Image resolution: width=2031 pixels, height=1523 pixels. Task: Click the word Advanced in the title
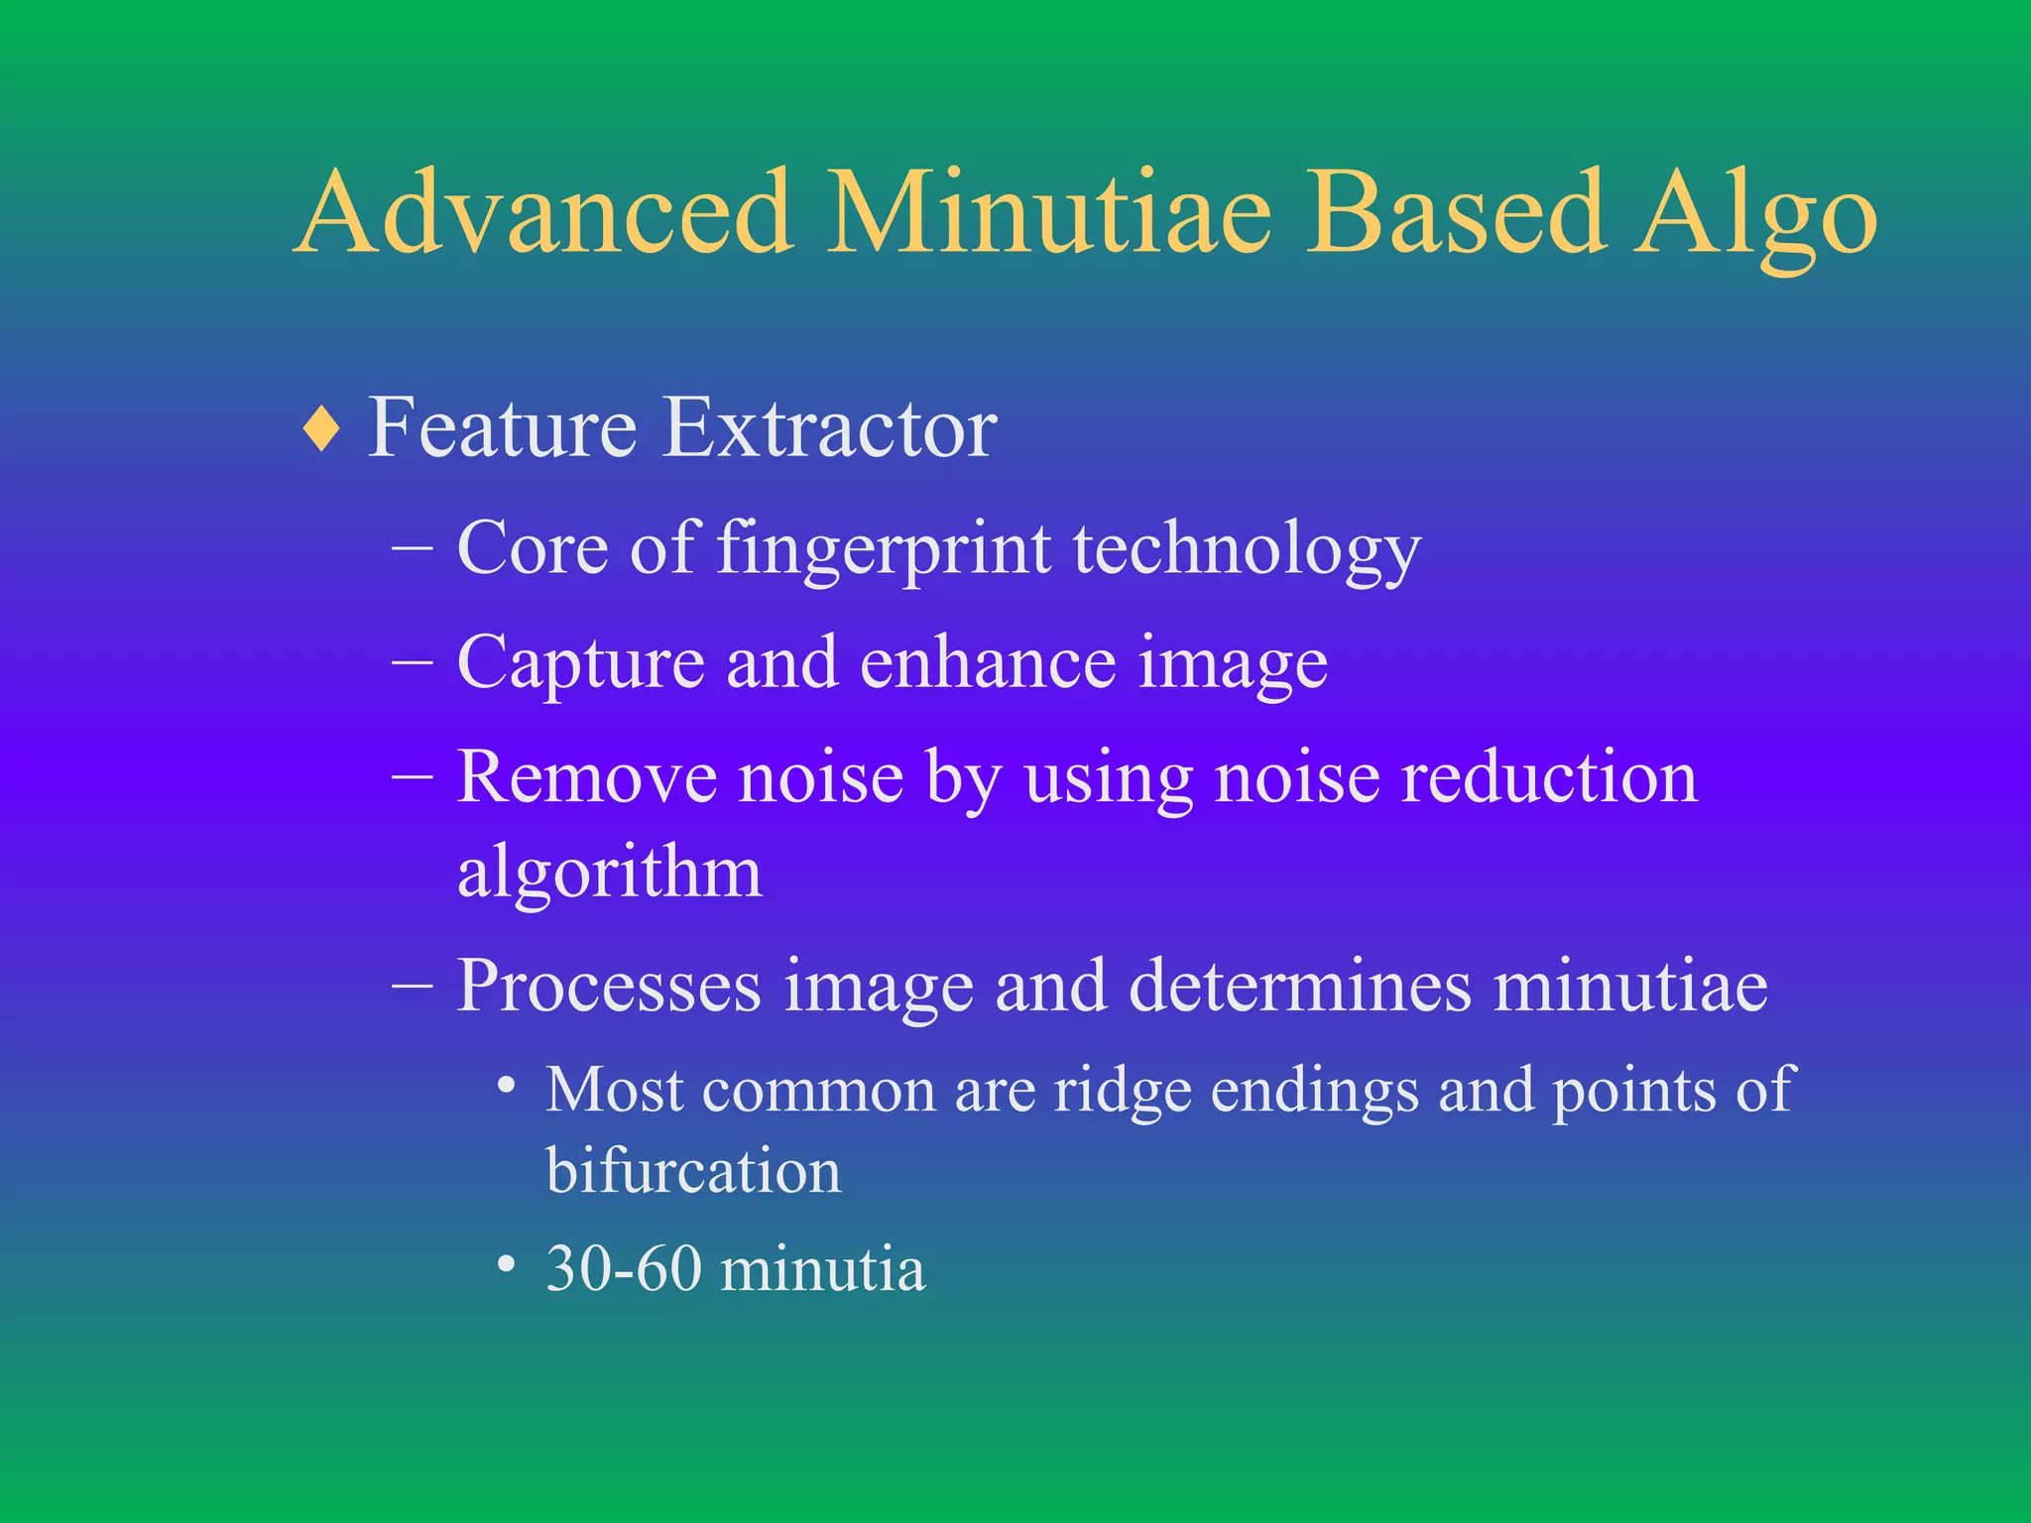[x=544, y=213]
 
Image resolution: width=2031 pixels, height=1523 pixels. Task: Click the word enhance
[x=987, y=663]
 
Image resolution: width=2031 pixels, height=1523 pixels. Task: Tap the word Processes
[x=609, y=988]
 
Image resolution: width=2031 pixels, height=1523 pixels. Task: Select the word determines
[x=1300, y=986]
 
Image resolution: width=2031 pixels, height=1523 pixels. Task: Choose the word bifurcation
[x=693, y=1171]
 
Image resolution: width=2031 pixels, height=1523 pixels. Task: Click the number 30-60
[x=624, y=1268]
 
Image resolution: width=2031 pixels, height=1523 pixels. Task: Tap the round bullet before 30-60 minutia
[x=507, y=1265]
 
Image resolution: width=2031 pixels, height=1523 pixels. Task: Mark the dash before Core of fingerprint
[x=413, y=547]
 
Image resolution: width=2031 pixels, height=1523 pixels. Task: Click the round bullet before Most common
[x=507, y=1086]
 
